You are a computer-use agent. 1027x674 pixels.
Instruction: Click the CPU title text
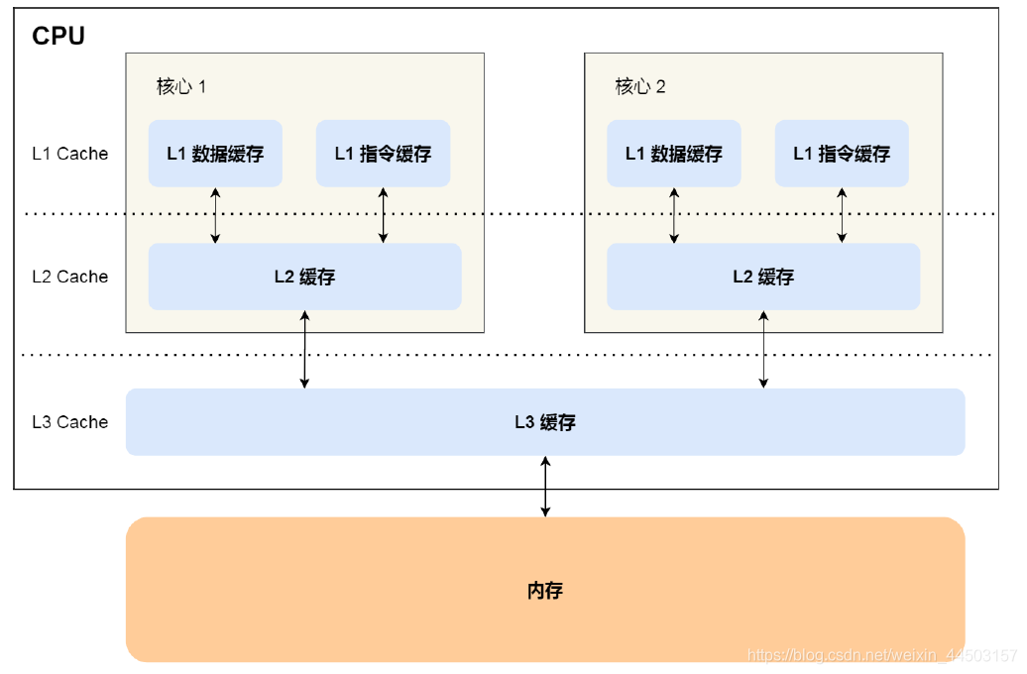(x=58, y=37)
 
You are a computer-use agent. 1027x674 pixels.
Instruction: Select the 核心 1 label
(x=181, y=86)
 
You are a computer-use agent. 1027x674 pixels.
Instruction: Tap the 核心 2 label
(x=640, y=86)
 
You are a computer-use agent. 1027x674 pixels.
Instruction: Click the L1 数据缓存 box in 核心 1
(x=215, y=154)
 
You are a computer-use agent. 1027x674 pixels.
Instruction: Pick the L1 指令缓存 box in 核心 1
(x=383, y=154)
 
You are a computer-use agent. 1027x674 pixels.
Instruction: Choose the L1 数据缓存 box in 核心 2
(x=674, y=154)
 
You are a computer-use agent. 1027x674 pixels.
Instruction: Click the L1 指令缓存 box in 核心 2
(x=842, y=154)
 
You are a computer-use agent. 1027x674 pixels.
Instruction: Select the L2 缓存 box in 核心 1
(x=304, y=277)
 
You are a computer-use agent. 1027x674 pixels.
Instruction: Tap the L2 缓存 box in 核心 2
(x=763, y=277)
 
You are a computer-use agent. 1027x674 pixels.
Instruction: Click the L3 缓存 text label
(x=545, y=422)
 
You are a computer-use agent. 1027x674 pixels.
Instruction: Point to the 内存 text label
(x=545, y=591)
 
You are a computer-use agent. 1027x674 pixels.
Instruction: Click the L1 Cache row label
(x=69, y=154)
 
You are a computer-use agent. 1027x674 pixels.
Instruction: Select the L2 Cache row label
(x=69, y=277)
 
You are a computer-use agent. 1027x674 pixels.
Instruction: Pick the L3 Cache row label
(x=69, y=422)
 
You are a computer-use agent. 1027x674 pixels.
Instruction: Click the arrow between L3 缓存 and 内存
(x=545, y=487)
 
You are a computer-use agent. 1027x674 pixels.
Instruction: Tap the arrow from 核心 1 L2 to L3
(x=304, y=349)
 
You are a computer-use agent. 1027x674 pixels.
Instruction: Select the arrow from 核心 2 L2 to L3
(x=763, y=349)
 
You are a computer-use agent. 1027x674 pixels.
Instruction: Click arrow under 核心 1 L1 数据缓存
(x=215, y=215)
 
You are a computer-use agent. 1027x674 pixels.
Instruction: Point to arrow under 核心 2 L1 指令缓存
(x=842, y=215)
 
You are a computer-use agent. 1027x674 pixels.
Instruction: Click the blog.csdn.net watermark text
(x=882, y=655)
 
